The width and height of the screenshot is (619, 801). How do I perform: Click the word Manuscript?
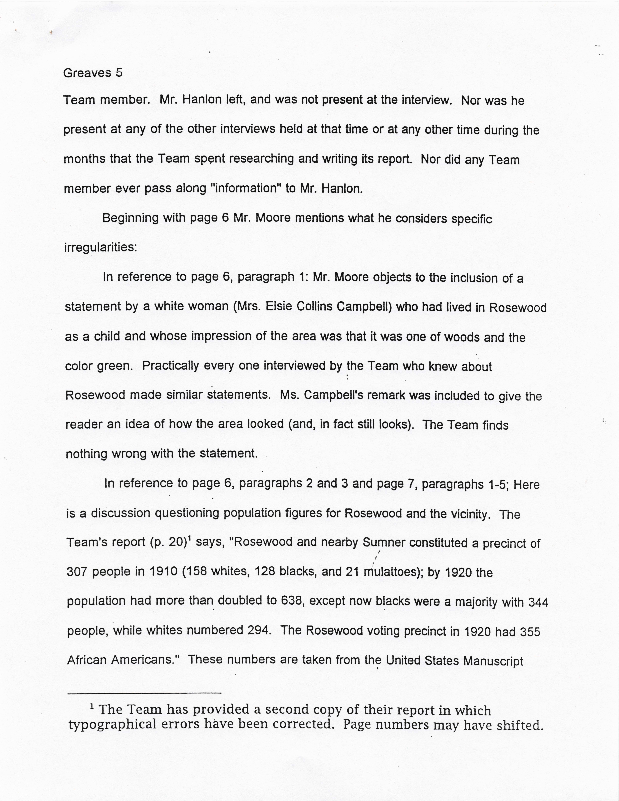tap(493, 661)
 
